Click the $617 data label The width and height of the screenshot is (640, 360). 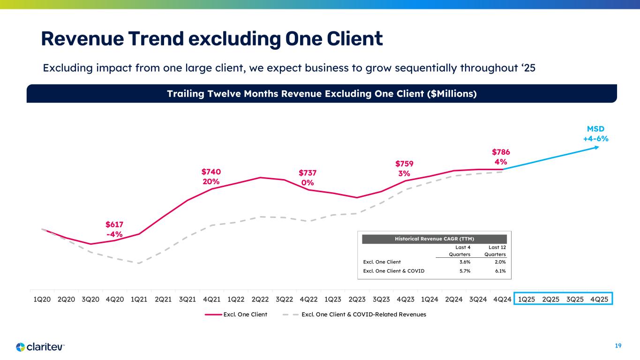(x=114, y=225)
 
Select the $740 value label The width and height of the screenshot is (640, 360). (x=211, y=172)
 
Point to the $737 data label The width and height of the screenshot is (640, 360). (x=308, y=174)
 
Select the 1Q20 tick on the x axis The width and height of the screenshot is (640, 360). (x=42, y=299)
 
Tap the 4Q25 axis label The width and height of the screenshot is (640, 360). (x=598, y=299)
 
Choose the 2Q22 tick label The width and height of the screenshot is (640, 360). (x=260, y=299)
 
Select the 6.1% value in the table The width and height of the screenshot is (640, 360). (x=500, y=270)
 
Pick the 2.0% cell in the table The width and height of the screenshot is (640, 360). (x=500, y=262)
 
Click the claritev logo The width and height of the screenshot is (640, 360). (x=40, y=347)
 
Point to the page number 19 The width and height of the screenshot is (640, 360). (x=618, y=346)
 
